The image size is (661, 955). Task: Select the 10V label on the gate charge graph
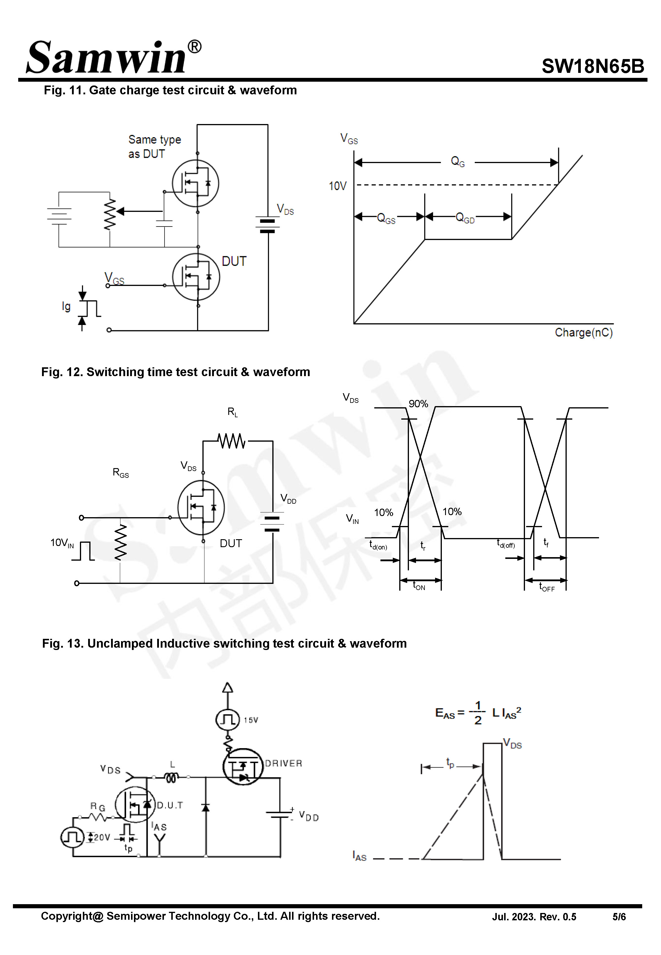pyautogui.click(x=337, y=186)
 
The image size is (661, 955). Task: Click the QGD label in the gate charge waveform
pyautogui.click(x=465, y=218)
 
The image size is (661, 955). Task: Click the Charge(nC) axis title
pyautogui.click(x=583, y=333)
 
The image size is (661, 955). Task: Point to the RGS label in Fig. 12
pyautogui.click(x=120, y=473)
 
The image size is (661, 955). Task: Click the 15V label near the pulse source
pyautogui.click(x=251, y=720)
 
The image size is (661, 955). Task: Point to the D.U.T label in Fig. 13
pyautogui.click(x=170, y=805)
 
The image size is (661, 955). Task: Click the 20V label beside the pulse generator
pyautogui.click(x=101, y=837)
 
